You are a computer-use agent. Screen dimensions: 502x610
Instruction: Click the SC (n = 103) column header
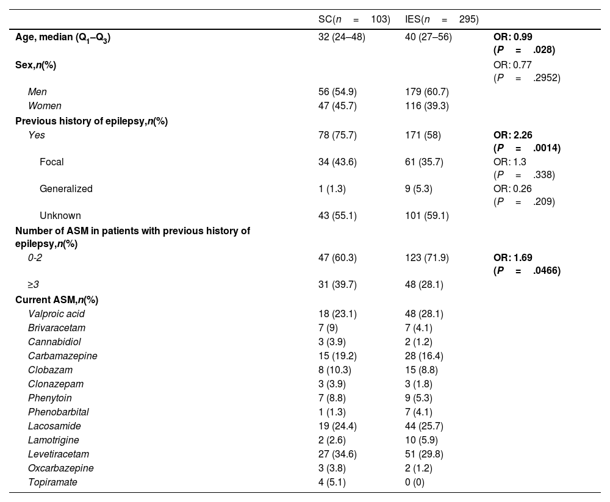(354, 19)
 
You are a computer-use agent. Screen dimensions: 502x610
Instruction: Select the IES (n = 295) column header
(442, 19)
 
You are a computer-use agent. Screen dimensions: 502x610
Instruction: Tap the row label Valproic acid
(56, 314)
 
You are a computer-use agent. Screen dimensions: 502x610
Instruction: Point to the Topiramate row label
(52, 482)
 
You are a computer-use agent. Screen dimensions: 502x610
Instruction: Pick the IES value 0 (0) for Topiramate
(415, 482)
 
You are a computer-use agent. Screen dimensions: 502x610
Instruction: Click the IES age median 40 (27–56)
(428, 37)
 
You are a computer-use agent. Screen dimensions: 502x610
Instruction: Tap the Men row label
(37, 92)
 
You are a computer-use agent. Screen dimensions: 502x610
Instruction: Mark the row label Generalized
(66, 189)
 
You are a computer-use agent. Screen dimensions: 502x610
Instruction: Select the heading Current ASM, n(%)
(57, 300)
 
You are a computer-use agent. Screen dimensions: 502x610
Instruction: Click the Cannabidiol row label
(54, 342)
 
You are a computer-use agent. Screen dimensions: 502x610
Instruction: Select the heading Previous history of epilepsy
(91, 121)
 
